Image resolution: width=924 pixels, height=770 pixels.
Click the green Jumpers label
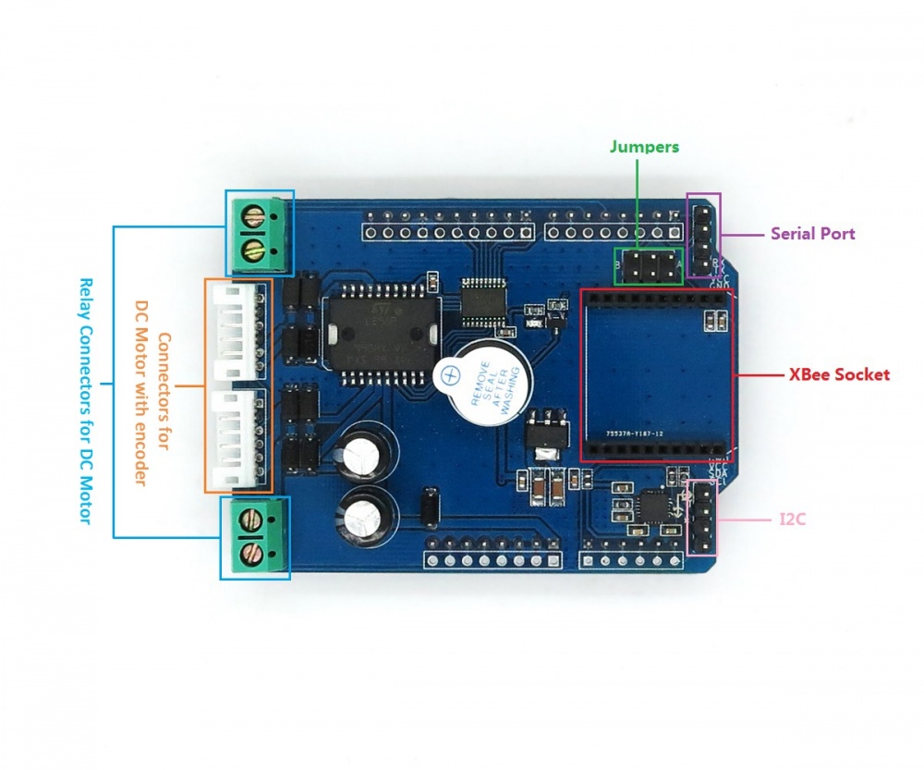tap(644, 147)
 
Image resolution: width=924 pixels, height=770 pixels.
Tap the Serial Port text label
tap(813, 234)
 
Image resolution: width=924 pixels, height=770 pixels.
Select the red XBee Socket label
tap(839, 374)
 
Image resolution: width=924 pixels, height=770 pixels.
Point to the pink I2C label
tap(792, 520)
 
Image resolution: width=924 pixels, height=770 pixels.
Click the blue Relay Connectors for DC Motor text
tap(85, 401)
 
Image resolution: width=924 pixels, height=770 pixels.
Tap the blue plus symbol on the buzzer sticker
tap(451, 374)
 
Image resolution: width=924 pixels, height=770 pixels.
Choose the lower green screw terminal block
tap(255, 538)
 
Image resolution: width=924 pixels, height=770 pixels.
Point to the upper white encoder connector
tap(237, 330)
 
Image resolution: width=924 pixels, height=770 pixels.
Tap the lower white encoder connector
tap(237, 439)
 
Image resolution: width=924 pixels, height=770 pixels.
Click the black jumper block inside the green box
tap(650, 266)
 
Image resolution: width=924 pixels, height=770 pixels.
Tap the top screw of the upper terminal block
tap(250, 218)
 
